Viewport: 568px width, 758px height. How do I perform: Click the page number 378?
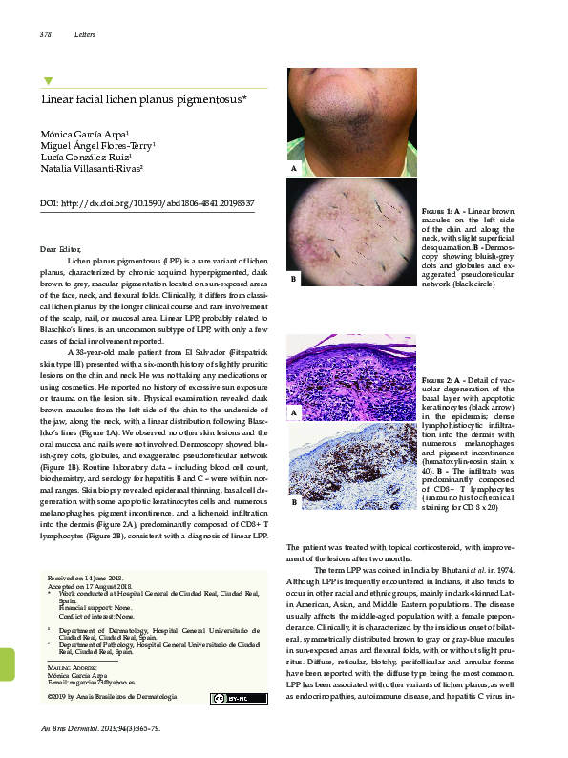click(x=45, y=35)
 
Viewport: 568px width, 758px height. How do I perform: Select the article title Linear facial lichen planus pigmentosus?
click(x=143, y=98)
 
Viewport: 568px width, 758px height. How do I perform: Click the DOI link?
click(x=154, y=203)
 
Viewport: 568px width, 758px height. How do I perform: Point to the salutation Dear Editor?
click(x=62, y=249)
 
